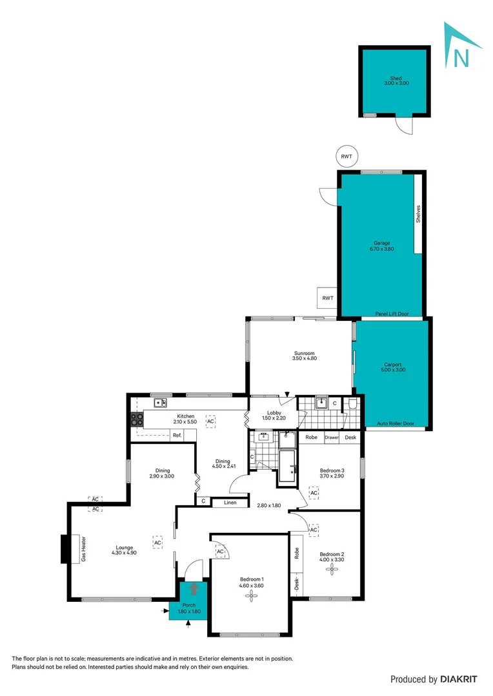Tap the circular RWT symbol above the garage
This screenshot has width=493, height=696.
[x=346, y=156]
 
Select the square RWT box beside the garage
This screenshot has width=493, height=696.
[x=328, y=298]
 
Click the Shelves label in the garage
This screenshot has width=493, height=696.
[x=418, y=214]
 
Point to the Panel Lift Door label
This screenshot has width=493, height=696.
[x=392, y=314]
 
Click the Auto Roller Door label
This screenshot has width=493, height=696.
[x=395, y=424]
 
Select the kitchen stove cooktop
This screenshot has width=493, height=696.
[x=137, y=419]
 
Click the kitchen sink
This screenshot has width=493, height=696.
[x=159, y=403]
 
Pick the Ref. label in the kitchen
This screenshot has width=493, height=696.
[x=176, y=436]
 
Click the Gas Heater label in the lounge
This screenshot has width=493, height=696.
[x=83, y=548]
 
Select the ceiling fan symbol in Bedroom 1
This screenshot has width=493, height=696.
[x=251, y=596]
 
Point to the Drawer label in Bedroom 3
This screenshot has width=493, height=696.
[x=332, y=438]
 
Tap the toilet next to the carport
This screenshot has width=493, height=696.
[x=352, y=405]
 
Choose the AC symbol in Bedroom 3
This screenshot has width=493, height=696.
[x=314, y=493]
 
